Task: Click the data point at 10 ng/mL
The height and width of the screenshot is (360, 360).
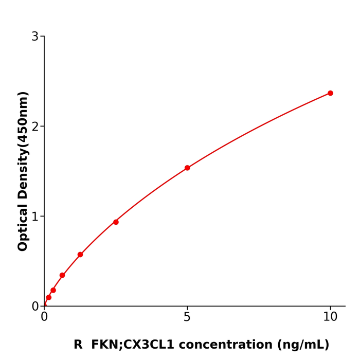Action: pos(330,93)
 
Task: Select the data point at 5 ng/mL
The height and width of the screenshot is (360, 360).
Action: pos(187,168)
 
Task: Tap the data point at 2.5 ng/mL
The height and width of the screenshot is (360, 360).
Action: pos(116,222)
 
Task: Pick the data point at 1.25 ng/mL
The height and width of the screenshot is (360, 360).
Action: pos(80,255)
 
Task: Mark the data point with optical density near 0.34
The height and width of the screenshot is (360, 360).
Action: pos(62,275)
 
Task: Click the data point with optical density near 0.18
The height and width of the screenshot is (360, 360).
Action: pos(53,290)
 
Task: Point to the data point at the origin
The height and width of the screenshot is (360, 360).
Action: pos(44,305)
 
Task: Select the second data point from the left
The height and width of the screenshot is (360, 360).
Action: pos(48,297)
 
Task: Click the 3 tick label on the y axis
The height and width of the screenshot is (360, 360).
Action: pos(35,37)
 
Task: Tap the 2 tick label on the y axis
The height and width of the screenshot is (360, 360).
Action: pos(35,127)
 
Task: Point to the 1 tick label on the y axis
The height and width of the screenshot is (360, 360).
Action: pos(35,217)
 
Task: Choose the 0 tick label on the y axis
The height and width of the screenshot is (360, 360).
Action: pos(35,307)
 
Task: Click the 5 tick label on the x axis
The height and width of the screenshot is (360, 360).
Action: pos(187,317)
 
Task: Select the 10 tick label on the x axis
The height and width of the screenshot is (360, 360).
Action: pos(330,317)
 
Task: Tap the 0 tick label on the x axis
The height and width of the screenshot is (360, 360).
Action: pos(44,317)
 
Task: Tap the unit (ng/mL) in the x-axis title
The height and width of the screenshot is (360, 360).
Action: pos(303,345)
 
